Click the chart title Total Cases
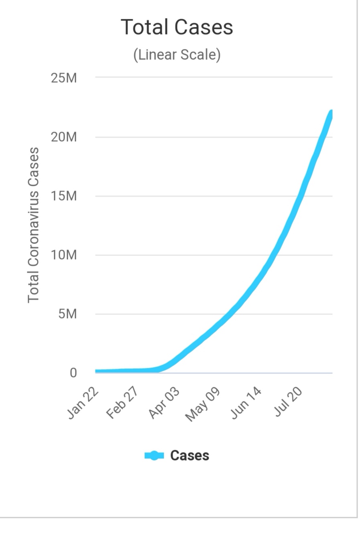[x=177, y=27]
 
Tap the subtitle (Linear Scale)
[x=177, y=55]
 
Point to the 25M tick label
[x=64, y=78]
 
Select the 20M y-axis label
[x=64, y=137]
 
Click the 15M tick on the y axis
[x=64, y=196]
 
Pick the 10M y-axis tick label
[x=64, y=255]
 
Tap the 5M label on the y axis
[x=67, y=314]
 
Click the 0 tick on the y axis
[x=73, y=373]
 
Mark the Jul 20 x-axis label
[x=288, y=402]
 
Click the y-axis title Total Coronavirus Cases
[x=33, y=225]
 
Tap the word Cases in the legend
[x=189, y=456]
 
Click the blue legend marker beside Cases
[x=154, y=456]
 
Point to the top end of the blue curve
[x=331, y=113]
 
